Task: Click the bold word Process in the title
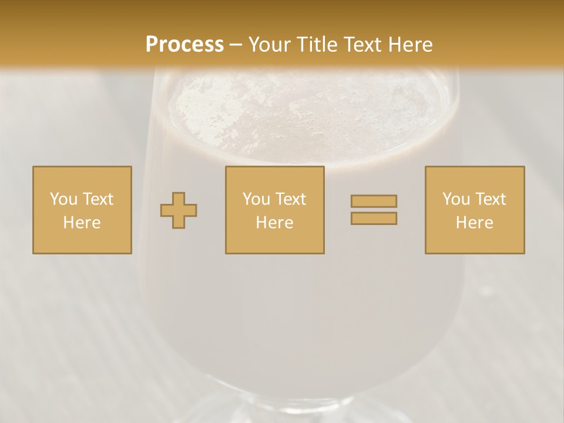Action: [x=184, y=45]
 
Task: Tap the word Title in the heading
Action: [x=317, y=45]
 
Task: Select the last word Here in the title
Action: [x=411, y=45]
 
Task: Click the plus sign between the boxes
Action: [x=179, y=210]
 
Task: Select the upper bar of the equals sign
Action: [x=374, y=201]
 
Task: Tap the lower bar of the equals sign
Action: [x=374, y=218]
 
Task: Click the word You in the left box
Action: [x=63, y=199]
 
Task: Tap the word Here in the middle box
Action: [x=274, y=223]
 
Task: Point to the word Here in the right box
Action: [x=475, y=223]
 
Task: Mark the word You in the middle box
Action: [x=256, y=199]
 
